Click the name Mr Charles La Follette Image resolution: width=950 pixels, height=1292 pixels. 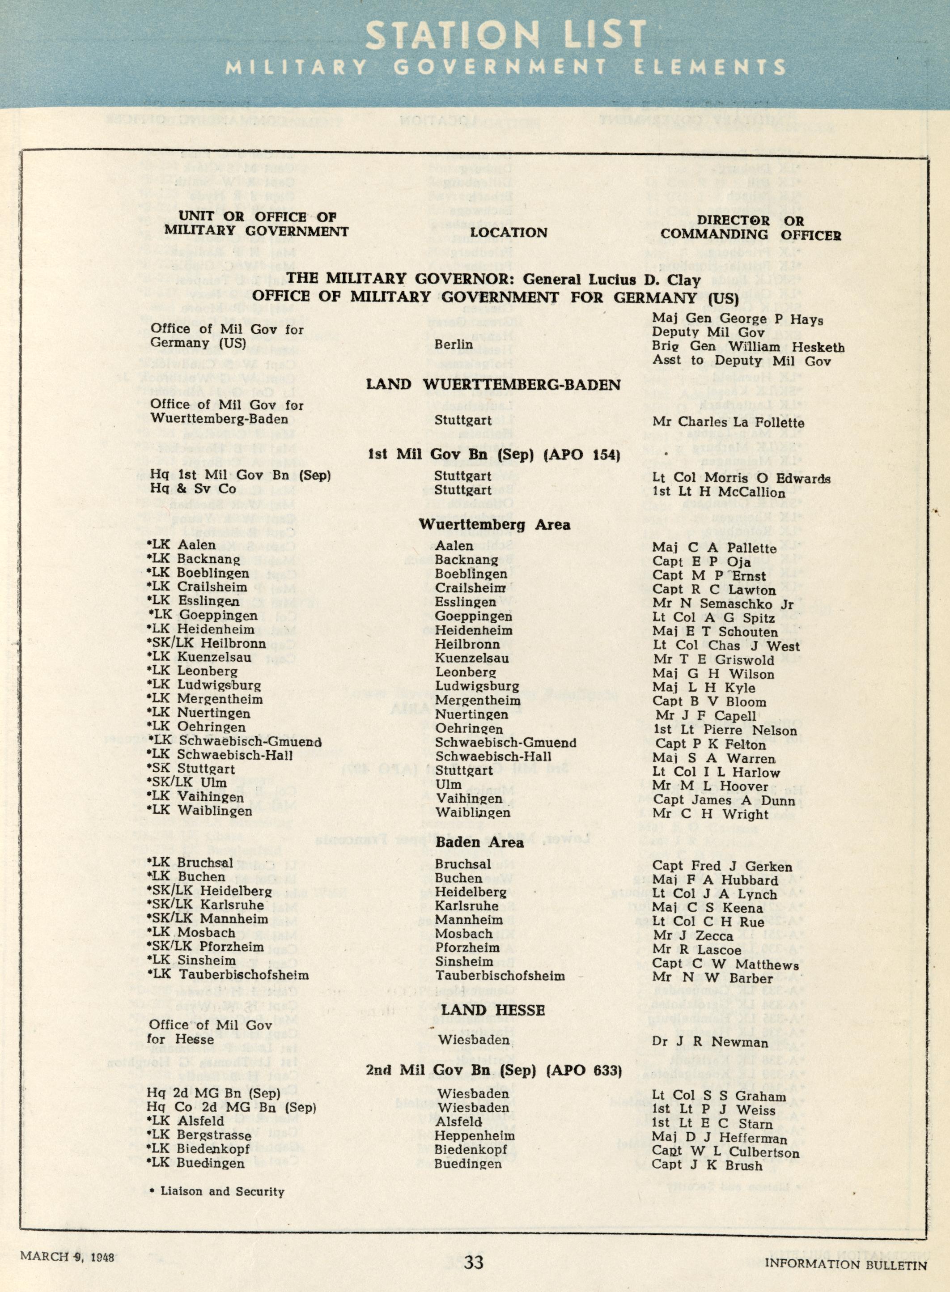(x=728, y=423)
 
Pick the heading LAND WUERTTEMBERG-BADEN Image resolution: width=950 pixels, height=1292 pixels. (x=493, y=385)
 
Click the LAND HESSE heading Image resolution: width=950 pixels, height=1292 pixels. (x=493, y=1010)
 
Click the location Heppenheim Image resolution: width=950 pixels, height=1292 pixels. (x=475, y=1135)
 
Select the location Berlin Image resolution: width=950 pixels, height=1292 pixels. (x=454, y=344)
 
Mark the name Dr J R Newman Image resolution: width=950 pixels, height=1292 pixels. (x=710, y=1042)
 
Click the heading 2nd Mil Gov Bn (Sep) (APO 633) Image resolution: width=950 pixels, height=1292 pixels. (x=494, y=1071)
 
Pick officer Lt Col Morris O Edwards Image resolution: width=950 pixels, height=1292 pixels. (x=741, y=479)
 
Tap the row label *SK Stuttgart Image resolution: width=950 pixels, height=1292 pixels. (x=191, y=769)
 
